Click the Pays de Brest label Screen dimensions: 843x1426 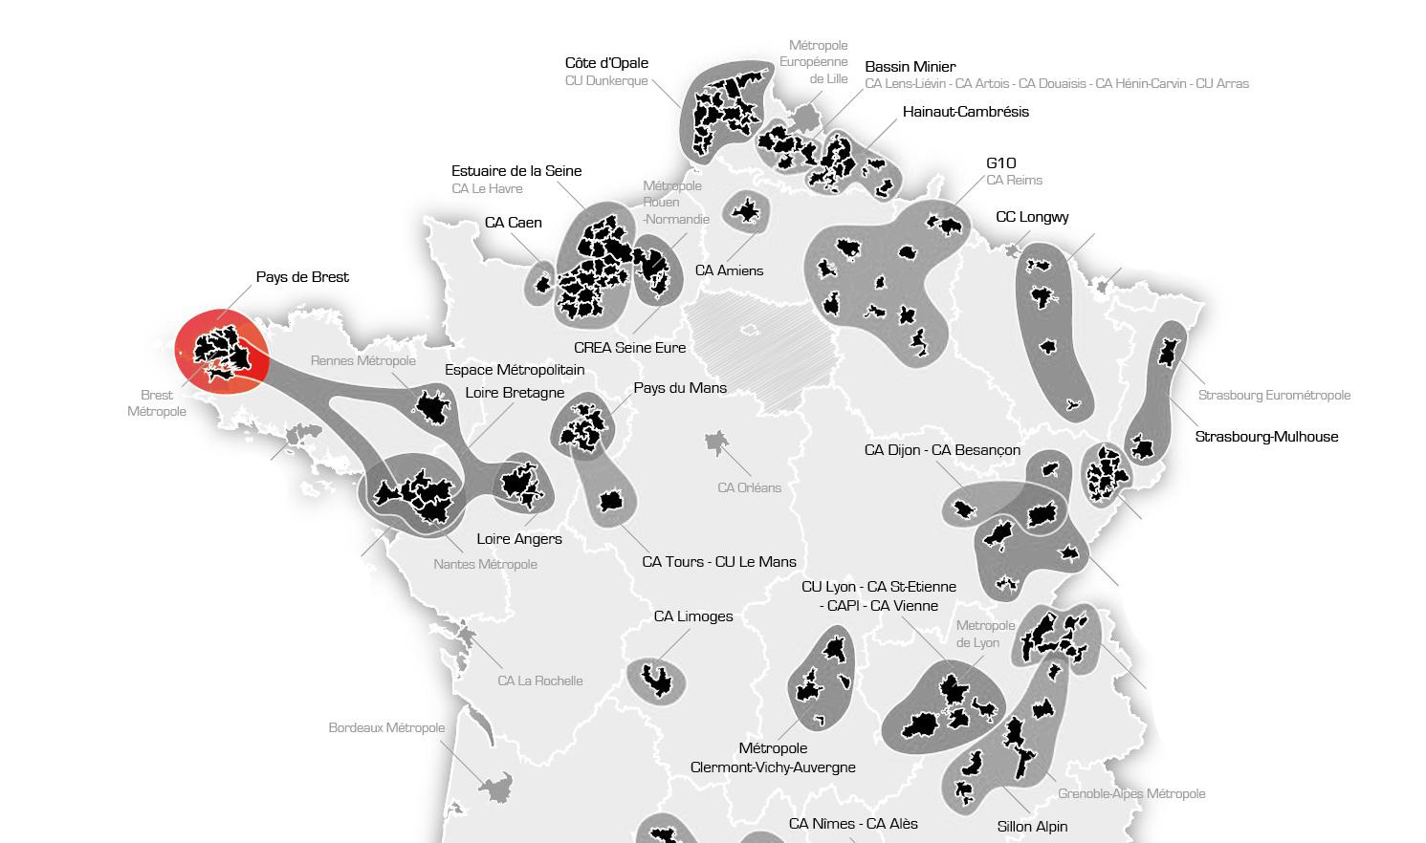coord(302,277)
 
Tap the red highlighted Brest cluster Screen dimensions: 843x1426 coord(222,351)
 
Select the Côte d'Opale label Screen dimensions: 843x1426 coord(606,63)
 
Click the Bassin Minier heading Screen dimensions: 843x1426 coord(910,67)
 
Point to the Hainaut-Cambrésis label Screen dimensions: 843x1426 coord(965,112)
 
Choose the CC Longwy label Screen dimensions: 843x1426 coord(1032,217)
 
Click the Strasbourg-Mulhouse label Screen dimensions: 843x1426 coord(1266,437)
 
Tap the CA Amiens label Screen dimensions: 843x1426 coord(729,270)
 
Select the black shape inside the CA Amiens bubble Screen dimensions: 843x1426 coord(745,210)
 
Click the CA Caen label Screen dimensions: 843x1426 coord(513,223)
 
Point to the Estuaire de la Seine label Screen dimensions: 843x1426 coord(516,171)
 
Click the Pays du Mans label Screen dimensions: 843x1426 coord(680,388)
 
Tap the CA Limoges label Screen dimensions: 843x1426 coord(692,616)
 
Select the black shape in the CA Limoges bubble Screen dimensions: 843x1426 coord(657,679)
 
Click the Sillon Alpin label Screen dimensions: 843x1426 coord(1032,827)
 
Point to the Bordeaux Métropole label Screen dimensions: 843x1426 coord(386,728)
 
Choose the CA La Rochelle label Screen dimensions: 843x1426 coord(539,681)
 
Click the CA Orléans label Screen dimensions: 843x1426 coord(749,487)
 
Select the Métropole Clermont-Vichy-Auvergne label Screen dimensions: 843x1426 coord(773,758)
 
